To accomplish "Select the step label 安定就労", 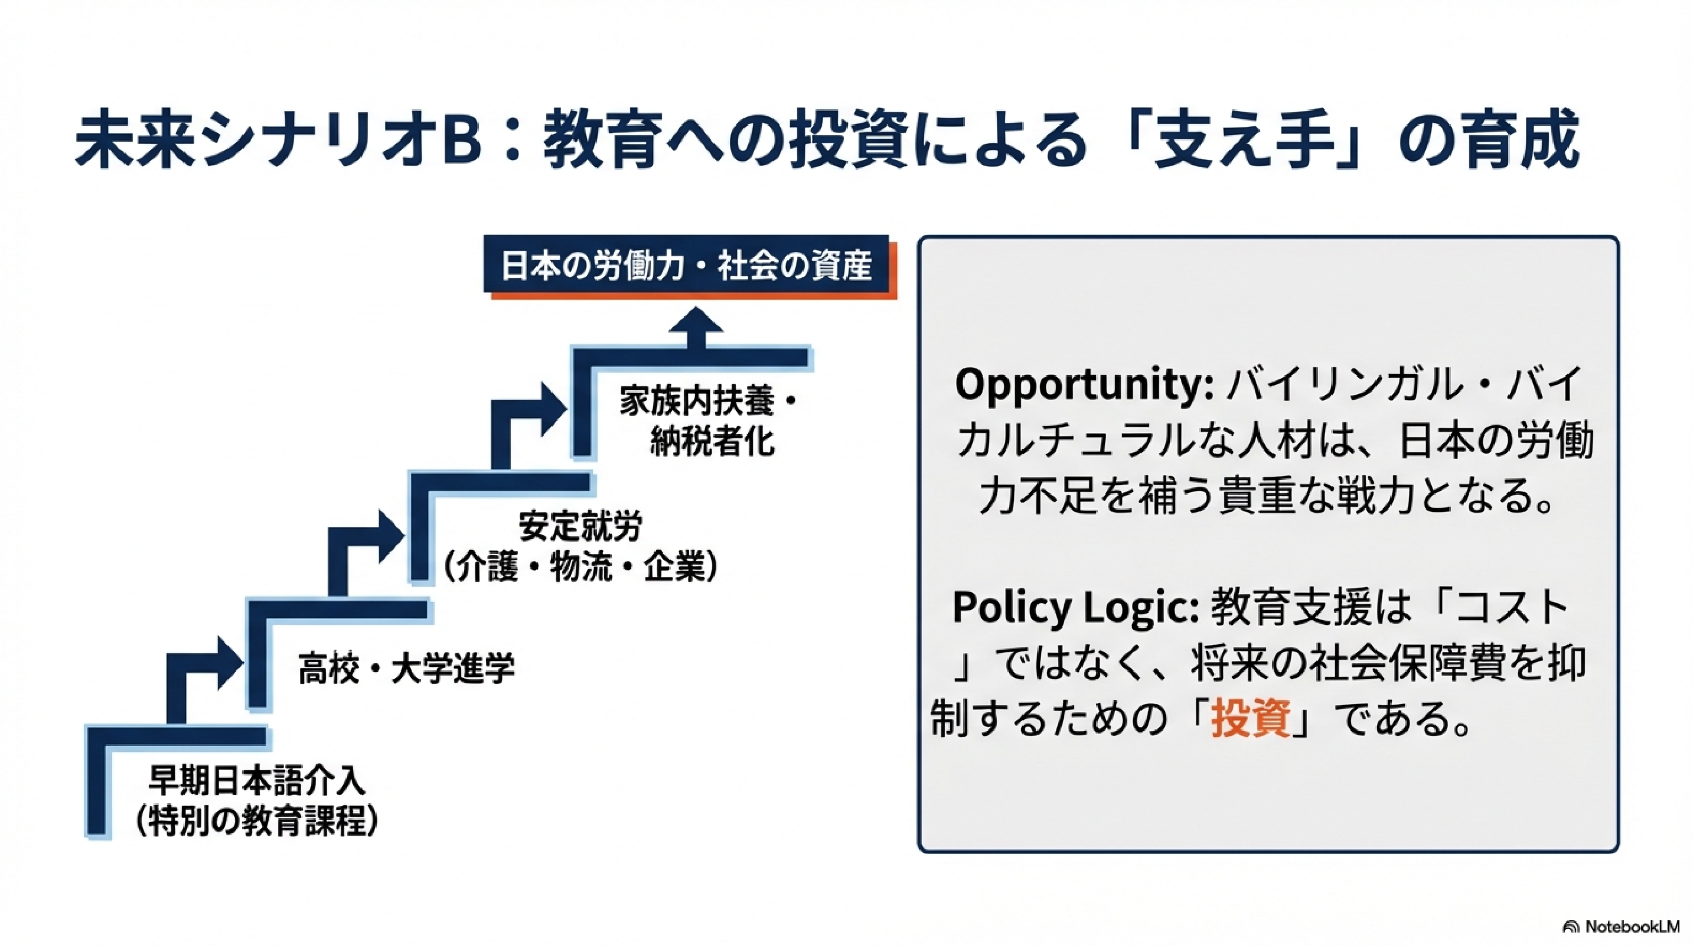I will point(580,526).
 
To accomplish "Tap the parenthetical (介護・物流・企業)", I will point(580,566).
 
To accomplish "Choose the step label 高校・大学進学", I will point(406,669).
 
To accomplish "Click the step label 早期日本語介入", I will point(256,781).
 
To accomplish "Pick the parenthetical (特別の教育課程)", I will point(256,821).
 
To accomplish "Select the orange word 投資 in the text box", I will point(1250,718).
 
